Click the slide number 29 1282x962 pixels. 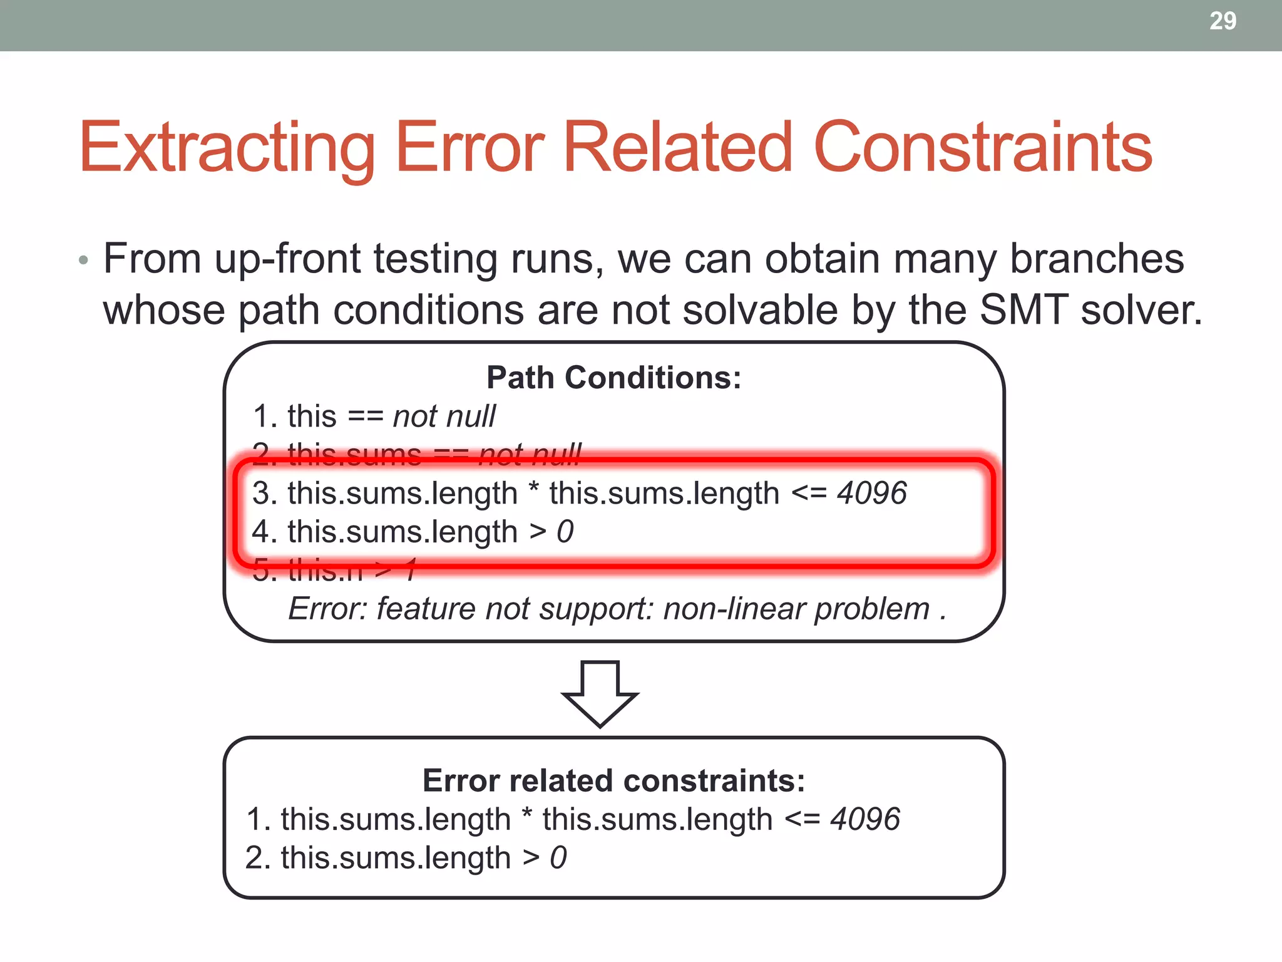tap(1223, 21)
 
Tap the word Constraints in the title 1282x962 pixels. tap(983, 148)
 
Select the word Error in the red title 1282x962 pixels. tap(469, 148)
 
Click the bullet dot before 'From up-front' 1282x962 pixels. tap(84, 260)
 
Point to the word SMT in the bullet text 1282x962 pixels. tap(1024, 310)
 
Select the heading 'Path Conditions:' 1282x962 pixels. tap(613, 378)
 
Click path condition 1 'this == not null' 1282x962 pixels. tap(374, 416)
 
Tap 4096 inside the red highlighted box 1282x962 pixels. tap(872, 493)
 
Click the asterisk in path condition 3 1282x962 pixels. tap(533, 490)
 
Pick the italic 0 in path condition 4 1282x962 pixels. tap(565, 532)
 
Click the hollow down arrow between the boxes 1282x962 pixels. tap(600, 694)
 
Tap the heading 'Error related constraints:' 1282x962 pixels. tap(613, 780)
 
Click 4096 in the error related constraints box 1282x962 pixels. tap(865, 819)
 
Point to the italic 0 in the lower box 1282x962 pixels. tap(558, 857)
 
